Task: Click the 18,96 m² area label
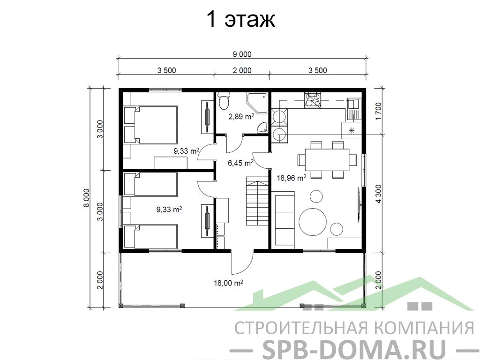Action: click(292, 178)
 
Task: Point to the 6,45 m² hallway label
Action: click(240, 163)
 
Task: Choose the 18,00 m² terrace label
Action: click(228, 283)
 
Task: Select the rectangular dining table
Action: click(327, 160)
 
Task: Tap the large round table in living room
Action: click(313, 222)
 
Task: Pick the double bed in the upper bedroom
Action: click(150, 125)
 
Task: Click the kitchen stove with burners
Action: click(313, 100)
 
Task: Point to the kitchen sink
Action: click(354, 109)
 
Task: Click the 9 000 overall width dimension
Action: click(242, 54)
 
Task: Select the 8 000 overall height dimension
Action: click(87, 198)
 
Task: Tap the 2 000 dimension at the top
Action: click(242, 70)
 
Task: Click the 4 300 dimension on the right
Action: click(379, 194)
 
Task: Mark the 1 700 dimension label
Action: click(379, 112)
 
